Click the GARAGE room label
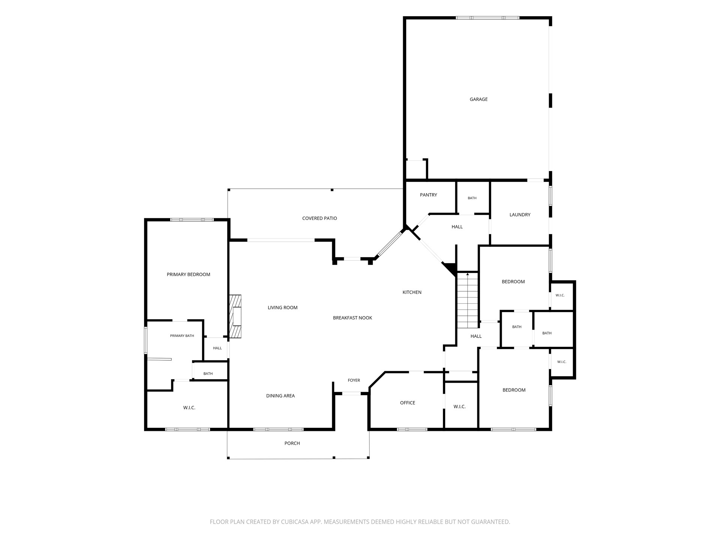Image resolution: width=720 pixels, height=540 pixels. click(478, 99)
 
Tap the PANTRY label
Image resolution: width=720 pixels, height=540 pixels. click(428, 195)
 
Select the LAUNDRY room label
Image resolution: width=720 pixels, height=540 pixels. click(520, 215)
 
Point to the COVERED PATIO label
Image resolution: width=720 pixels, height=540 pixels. click(319, 218)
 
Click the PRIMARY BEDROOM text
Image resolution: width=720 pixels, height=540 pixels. click(188, 274)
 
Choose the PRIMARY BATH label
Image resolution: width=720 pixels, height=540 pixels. click(182, 336)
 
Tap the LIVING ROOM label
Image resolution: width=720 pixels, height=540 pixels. click(282, 307)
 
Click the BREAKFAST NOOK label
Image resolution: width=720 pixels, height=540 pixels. click(352, 318)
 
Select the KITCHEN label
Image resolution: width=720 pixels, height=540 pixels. click(412, 292)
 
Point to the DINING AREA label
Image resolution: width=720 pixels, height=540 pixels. click(280, 396)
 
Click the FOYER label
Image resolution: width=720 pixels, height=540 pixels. click(354, 380)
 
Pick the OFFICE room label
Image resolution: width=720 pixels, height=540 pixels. click(407, 403)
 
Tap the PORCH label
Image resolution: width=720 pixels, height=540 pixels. click(292, 443)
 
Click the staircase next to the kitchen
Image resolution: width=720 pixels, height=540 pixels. click(468, 300)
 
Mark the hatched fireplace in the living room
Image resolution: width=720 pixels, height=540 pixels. click(235, 316)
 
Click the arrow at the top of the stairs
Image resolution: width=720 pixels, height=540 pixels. click(468, 274)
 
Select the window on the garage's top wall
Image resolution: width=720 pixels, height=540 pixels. click(487, 18)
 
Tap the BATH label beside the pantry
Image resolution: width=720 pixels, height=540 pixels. click(472, 198)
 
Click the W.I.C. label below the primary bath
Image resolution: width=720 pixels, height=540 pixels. click(189, 408)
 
